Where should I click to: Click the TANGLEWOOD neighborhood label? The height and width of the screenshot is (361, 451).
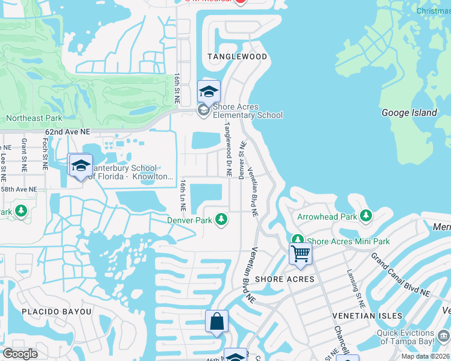click(237, 57)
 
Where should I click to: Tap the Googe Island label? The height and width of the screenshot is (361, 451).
click(409, 113)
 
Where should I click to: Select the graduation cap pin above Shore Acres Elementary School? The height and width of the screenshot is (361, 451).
click(209, 92)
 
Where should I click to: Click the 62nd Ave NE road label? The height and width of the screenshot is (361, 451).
click(68, 131)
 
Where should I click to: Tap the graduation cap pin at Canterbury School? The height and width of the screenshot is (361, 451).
click(80, 166)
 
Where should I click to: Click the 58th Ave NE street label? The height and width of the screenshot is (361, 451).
click(18, 189)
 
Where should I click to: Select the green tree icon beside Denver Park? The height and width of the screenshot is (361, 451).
click(222, 220)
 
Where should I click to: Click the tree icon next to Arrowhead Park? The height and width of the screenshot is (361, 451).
click(365, 215)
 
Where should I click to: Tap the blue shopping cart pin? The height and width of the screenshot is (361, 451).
click(300, 253)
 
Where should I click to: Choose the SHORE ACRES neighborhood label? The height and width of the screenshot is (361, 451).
click(285, 279)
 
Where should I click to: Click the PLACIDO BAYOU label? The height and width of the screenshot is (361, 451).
click(57, 312)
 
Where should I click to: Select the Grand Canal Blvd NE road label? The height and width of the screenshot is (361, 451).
click(400, 275)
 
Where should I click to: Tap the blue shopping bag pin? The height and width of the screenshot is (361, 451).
click(217, 322)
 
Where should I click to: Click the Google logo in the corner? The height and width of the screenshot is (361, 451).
click(20, 354)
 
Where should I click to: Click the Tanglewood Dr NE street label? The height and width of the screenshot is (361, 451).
click(229, 150)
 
